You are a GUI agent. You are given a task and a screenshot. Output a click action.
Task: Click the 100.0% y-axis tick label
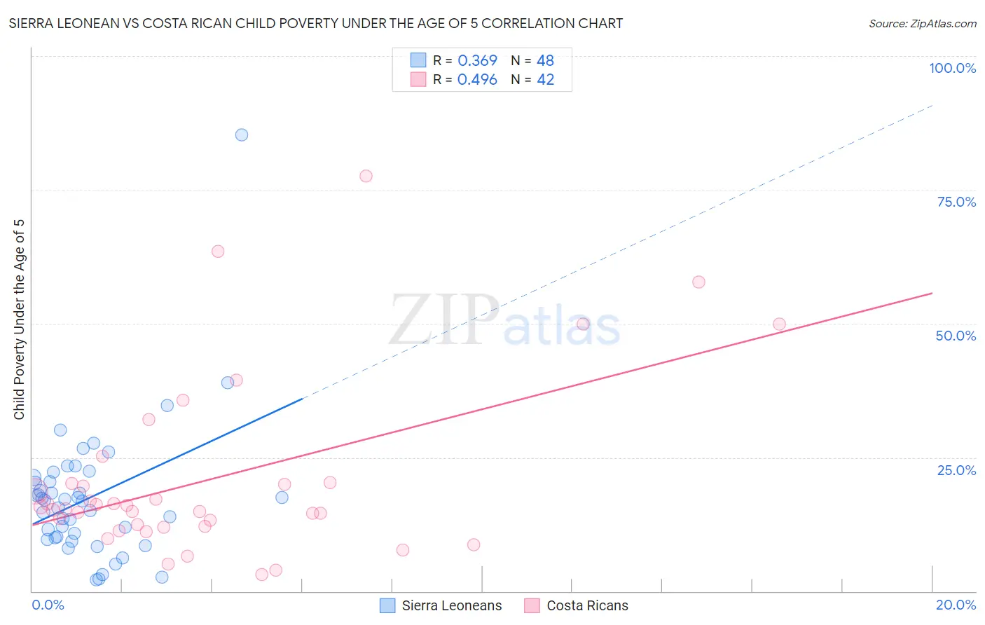952,68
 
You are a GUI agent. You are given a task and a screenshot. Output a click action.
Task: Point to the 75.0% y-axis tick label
956,202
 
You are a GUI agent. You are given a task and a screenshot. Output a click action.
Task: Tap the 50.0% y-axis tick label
956,336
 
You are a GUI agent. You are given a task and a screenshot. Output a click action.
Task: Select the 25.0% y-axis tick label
956,469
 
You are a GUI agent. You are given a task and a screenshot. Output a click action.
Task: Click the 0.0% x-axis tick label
48,605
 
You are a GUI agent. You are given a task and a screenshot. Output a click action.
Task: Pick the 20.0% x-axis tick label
956,605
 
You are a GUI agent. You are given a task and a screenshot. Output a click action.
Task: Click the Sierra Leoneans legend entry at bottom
441,605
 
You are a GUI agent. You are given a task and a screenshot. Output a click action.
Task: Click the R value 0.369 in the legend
477,61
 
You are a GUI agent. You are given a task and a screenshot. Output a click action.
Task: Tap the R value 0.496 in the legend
477,80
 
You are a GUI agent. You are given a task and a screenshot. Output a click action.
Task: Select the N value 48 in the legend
545,61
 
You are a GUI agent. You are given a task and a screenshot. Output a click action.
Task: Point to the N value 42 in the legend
545,80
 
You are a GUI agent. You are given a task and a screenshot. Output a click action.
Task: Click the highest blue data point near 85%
242,135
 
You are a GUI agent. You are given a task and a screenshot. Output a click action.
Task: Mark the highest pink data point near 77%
366,176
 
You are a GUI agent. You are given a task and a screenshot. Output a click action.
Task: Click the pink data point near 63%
218,251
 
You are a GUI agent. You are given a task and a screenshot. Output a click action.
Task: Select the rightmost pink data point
779,324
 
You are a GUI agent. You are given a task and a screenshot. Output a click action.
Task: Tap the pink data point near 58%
698,282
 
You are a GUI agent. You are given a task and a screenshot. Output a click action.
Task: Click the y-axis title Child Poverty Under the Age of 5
19,320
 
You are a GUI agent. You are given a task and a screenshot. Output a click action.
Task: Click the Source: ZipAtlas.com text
922,24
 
